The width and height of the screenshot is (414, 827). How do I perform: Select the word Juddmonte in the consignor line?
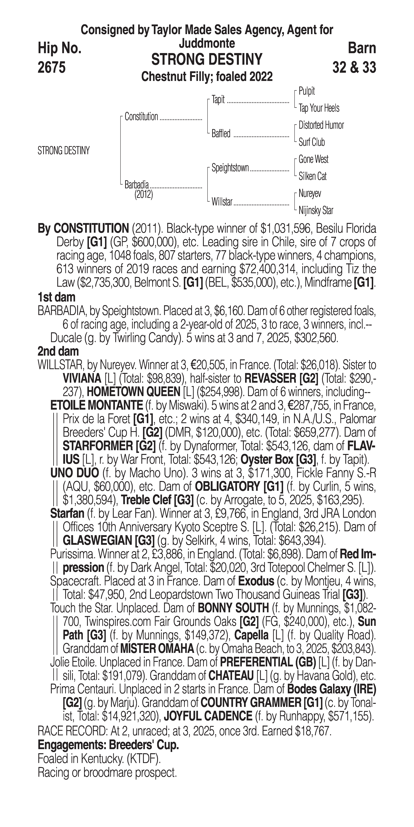(x=207, y=43)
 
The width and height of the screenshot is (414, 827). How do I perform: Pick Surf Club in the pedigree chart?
(x=312, y=142)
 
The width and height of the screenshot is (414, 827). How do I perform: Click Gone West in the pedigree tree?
(x=313, y=159)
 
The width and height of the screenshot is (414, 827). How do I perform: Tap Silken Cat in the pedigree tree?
(x=313, y=176)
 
